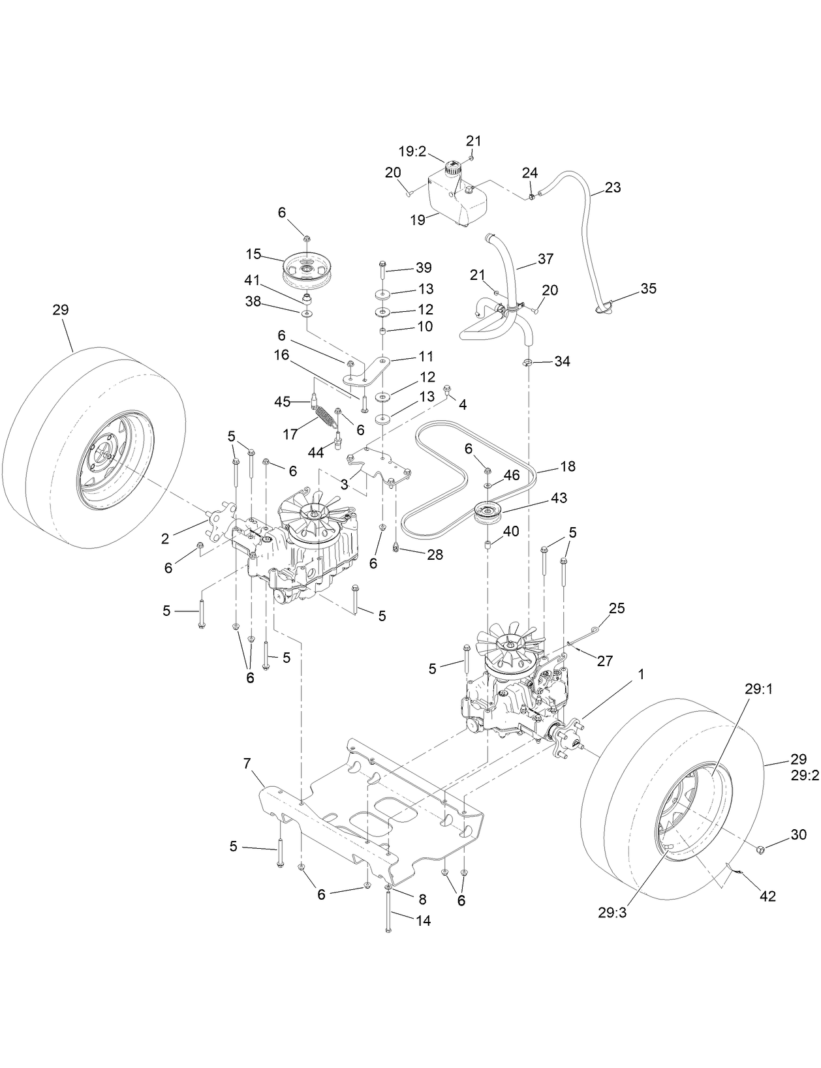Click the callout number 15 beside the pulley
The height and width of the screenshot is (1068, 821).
253,252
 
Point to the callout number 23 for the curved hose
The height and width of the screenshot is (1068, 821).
612,187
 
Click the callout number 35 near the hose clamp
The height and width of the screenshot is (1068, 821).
648,288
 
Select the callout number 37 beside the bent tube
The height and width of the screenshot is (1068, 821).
545,258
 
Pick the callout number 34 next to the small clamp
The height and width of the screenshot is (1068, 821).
562,361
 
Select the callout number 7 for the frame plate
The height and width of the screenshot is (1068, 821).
248,763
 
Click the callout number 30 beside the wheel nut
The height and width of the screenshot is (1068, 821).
798,834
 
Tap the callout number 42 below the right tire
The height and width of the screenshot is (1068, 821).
767,896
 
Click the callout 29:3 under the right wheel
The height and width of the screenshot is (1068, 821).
612,913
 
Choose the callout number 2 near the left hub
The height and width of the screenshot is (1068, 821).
165,538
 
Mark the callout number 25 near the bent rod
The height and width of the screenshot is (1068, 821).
616,608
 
